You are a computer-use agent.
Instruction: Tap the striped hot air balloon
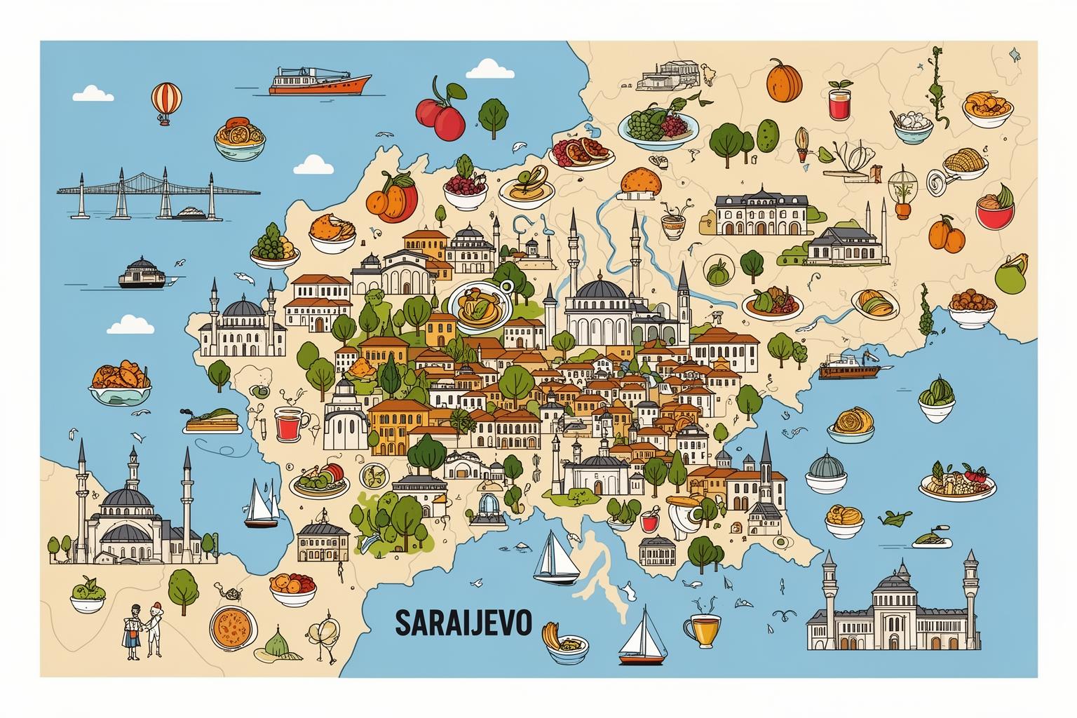click(166, 102)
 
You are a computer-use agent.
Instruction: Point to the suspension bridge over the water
click(158, 191)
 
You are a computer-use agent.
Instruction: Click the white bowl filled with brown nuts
click(972, 307)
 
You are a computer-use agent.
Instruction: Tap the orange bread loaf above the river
click(641, 181)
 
